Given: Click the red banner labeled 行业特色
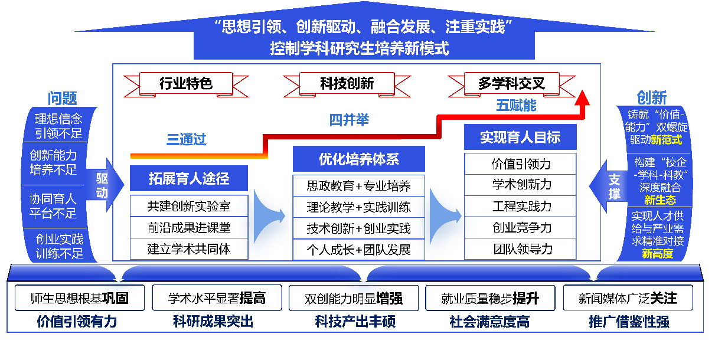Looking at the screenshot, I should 185,83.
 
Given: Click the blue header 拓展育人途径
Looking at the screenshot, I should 189,178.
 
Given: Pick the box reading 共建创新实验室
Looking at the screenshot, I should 189,207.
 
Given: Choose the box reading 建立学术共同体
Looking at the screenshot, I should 189,249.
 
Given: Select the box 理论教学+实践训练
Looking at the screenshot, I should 358,207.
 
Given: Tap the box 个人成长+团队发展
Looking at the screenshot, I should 358,249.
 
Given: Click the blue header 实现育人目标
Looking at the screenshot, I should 520,138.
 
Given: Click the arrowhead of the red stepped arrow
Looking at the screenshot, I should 583,97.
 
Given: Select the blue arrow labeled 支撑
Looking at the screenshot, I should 611,185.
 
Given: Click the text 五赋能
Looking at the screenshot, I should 516,106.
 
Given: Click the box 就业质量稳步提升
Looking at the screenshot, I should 489,298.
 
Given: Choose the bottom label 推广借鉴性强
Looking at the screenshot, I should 629,322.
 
